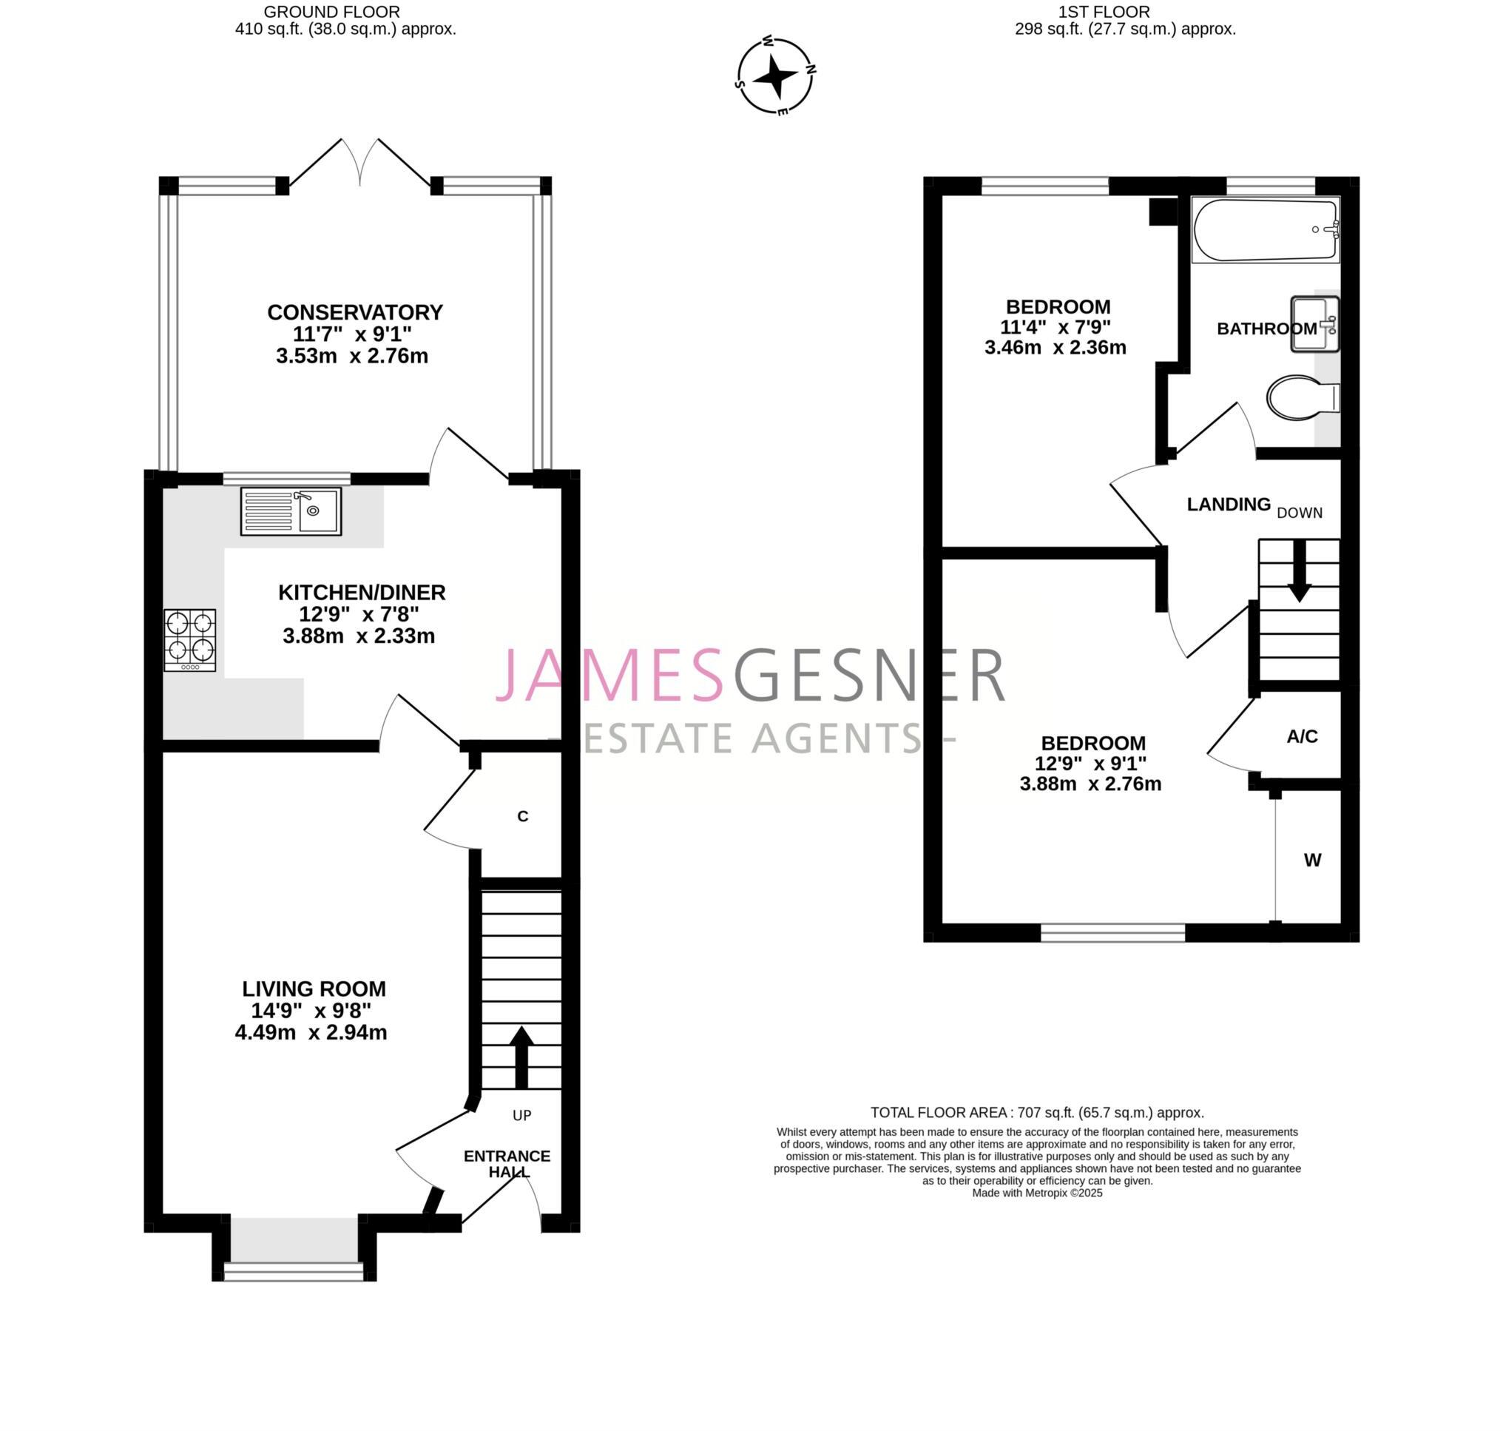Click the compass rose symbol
tap(774, 76)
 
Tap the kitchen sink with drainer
tap(291, 511)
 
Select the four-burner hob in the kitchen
tap(190, 639)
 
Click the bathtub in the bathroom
tap(1264, 229)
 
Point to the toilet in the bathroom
tap(1300, 397)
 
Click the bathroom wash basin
tap(1313, 325)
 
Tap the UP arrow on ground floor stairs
tap(521, 1057)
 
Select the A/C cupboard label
tap(1302, 736)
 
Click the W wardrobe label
tap(1311, 860)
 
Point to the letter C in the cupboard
tap(522, 816)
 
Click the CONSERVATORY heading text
tap(354, 312)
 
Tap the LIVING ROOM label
tap(314, 989)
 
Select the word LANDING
tap(1228, 504)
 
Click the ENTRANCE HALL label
tap(507, 1163)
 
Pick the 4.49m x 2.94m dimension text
tap(311, 1032)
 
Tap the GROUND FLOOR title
tap(331, 11)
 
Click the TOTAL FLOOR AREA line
tap(1036, 1112)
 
